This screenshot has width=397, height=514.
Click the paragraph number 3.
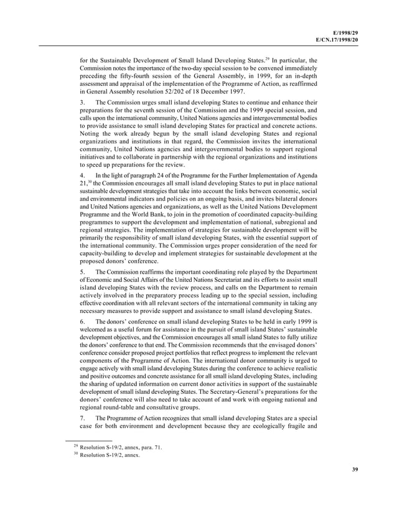82,101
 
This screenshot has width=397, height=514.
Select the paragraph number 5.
82,273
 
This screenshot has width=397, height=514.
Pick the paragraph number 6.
82,321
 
